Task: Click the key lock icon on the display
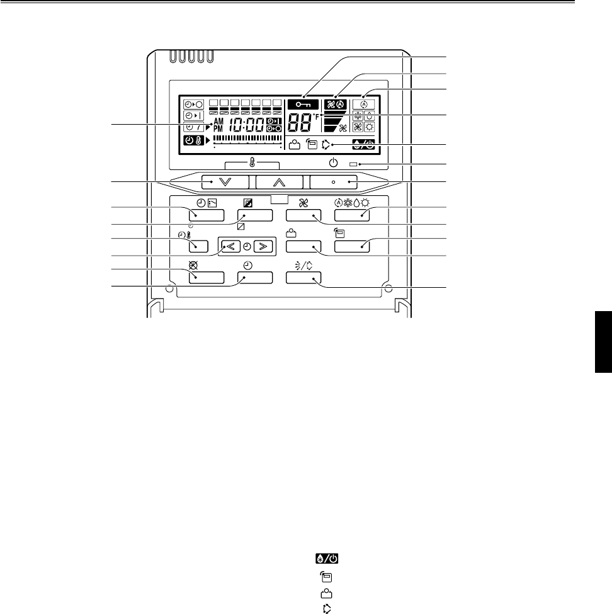303,105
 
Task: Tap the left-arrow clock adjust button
230,245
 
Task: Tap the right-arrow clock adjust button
264,245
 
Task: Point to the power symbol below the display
333,164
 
